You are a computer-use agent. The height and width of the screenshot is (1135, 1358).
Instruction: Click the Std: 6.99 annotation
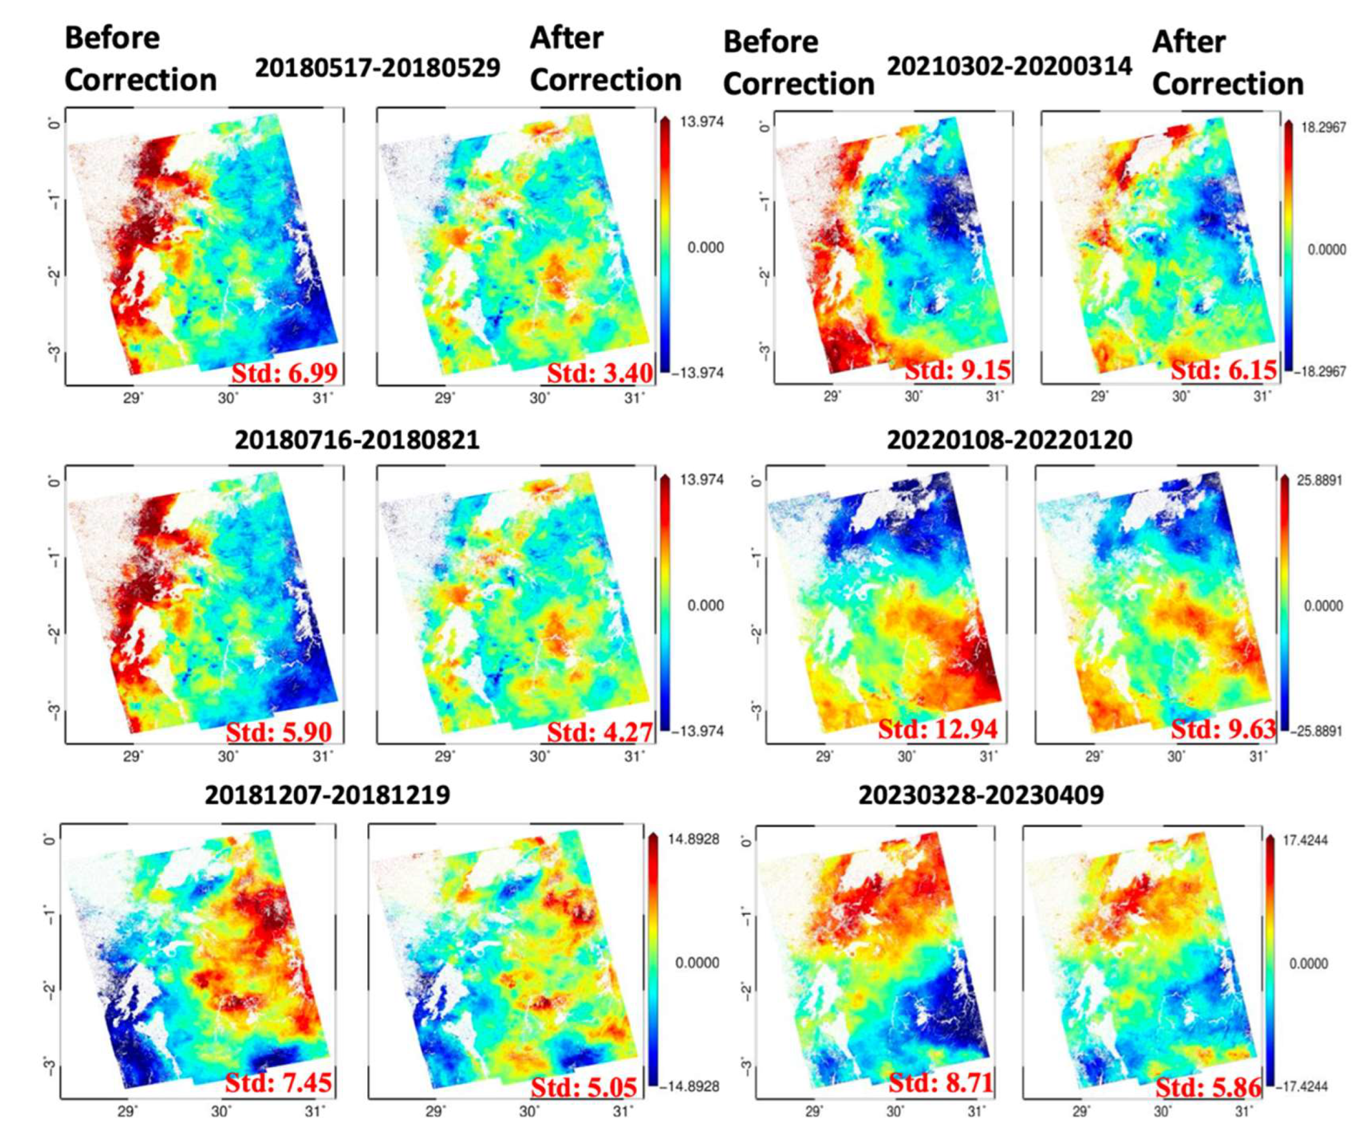285,373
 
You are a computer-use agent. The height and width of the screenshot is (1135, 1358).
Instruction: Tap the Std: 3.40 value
599,373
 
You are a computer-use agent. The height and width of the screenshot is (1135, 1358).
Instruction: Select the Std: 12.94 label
937,729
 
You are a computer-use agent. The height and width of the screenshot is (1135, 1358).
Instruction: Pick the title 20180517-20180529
378,67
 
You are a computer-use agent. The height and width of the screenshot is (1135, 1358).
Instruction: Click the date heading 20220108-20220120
1010,440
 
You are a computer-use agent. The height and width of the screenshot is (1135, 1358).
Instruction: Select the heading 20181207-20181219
327,795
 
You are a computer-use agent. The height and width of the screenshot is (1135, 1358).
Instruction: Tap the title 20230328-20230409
981,795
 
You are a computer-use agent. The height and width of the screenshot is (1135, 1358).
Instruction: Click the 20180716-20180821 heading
357,440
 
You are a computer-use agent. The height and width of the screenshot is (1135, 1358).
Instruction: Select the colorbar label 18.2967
1323,127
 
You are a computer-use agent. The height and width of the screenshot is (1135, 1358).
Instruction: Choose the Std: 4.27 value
599,731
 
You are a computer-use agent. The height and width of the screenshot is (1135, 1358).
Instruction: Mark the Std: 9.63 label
1223,729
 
